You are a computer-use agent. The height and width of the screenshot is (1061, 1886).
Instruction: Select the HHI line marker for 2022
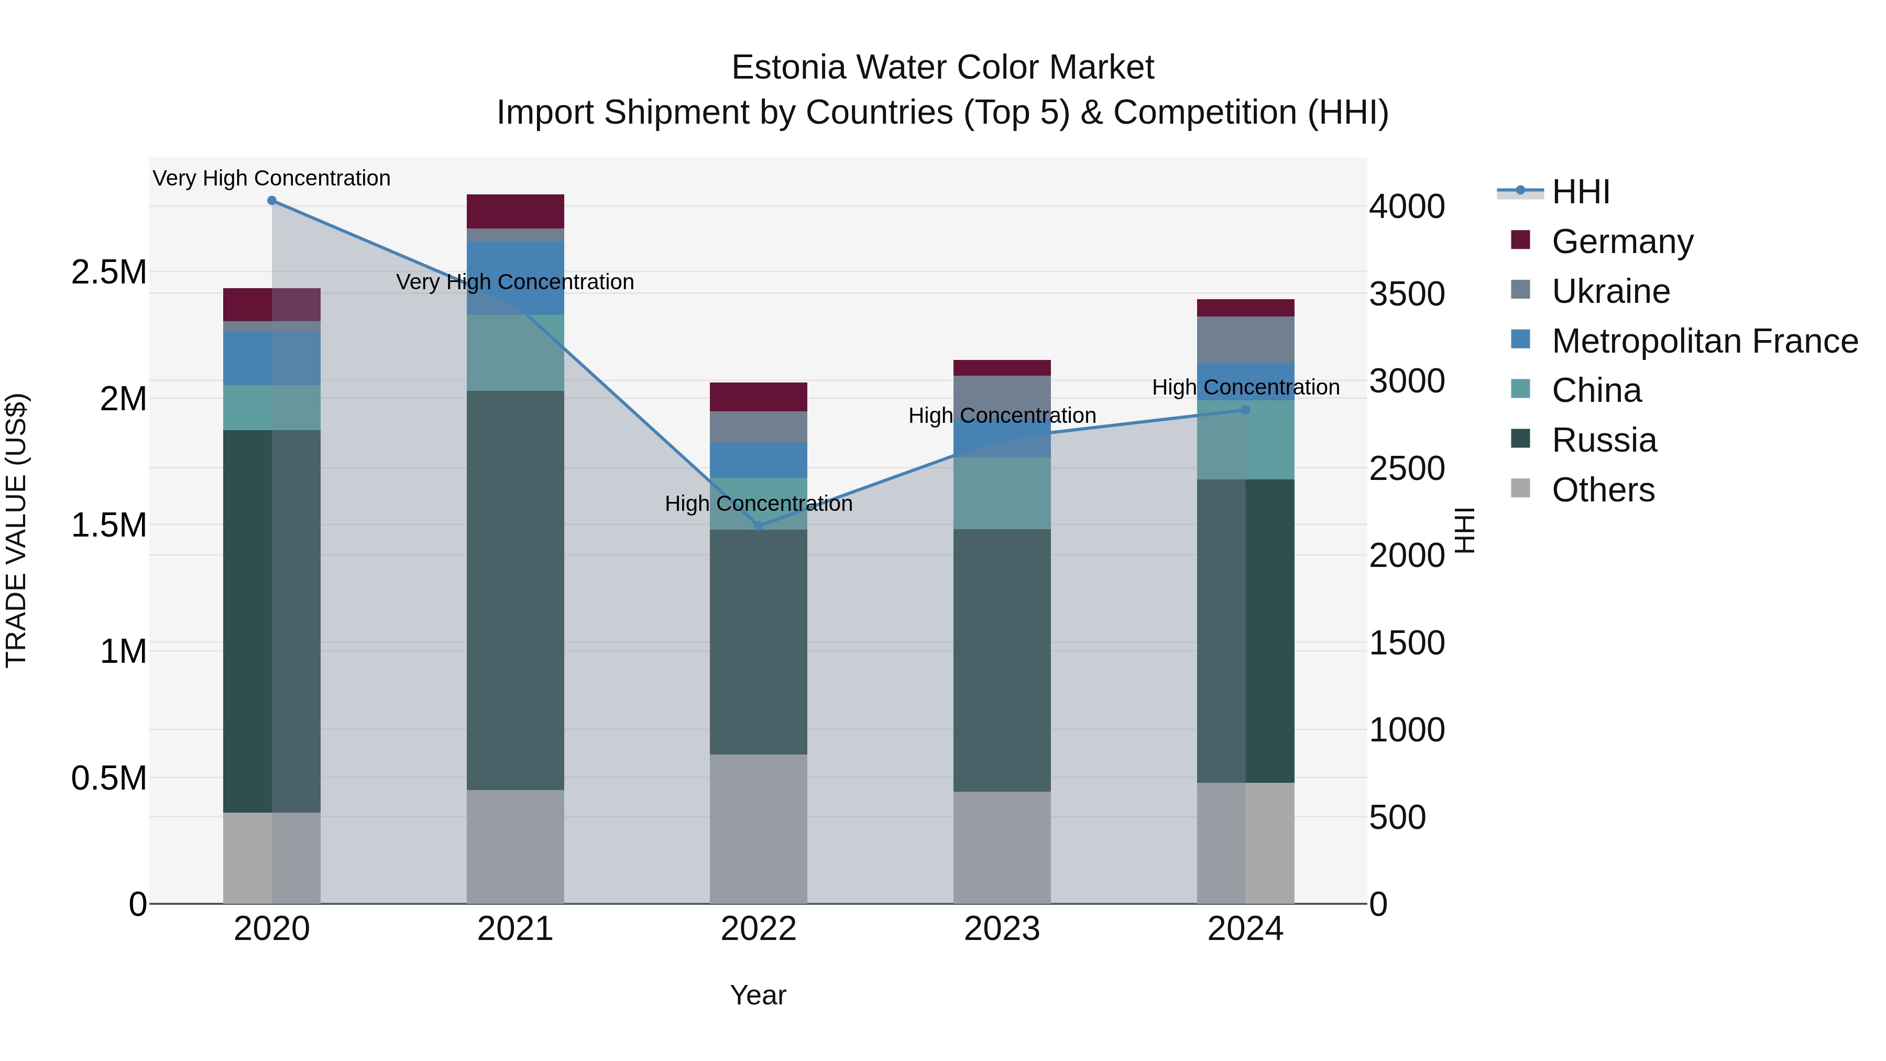click(x=759, y=526)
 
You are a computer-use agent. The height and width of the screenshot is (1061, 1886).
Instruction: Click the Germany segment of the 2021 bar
click(x=516, y=212)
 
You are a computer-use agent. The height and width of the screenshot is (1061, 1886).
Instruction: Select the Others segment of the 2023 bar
click(x=1002, y=847)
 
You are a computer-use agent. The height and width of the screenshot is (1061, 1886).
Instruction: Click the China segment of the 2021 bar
click(x=516, y=353)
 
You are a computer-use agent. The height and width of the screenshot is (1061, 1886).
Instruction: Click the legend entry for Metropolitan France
click(x=1704, y=341)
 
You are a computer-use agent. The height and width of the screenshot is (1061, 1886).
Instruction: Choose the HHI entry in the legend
click(x=1580, y=192)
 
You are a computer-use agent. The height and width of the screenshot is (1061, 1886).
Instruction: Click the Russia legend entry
click(x=1604, y=440)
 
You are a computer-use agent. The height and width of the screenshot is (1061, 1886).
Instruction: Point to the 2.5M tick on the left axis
click(x=109, y=272)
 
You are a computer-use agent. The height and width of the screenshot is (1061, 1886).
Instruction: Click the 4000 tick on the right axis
click(x=1407, y=206)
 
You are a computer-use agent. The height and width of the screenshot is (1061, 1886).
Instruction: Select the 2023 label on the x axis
click(x=1002, y=929)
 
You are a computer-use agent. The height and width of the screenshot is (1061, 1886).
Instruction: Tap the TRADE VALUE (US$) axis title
click(x=16, y=530)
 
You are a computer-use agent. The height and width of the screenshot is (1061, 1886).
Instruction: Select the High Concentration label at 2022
click(x=759, y=504)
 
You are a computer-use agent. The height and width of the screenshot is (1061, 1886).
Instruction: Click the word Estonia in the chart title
click(x=787, y=68)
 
